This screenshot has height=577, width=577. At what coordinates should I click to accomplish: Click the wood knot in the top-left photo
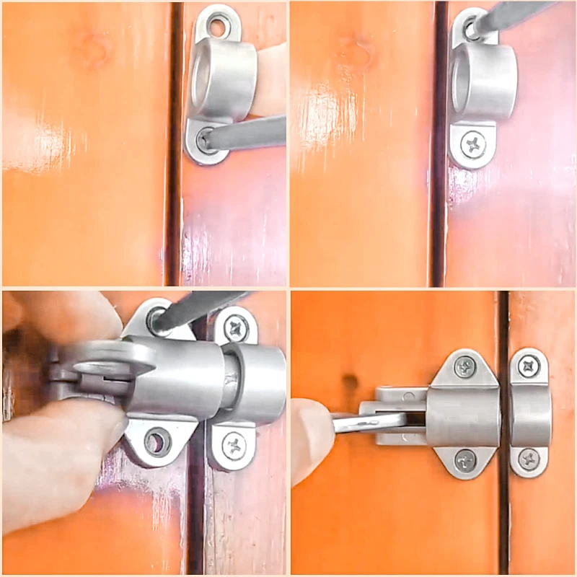pyautogui.click(x=94, y=50)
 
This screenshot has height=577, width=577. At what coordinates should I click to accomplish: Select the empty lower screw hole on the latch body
pyautogui.click(x=157, y=439)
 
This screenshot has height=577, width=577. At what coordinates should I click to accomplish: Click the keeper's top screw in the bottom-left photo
pyautogui.click(x=235, y=329)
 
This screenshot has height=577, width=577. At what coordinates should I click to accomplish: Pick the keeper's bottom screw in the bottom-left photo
pyautogui.click(x=233, y=446)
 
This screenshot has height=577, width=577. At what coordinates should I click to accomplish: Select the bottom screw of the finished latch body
pyautogui.click(x=465, y=459)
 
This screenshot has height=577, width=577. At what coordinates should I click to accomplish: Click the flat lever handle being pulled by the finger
pyautogui.click(x=368, y=422)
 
